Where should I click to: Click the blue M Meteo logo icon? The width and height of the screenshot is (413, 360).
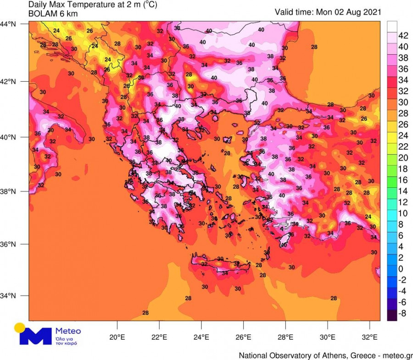pyautogui.click(x=36, y=336)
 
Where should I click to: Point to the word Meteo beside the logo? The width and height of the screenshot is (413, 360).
pyautogui.click(x=67, y=331)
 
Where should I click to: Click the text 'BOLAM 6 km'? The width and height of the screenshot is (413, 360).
pyautogui.click(x=53, y=14)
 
